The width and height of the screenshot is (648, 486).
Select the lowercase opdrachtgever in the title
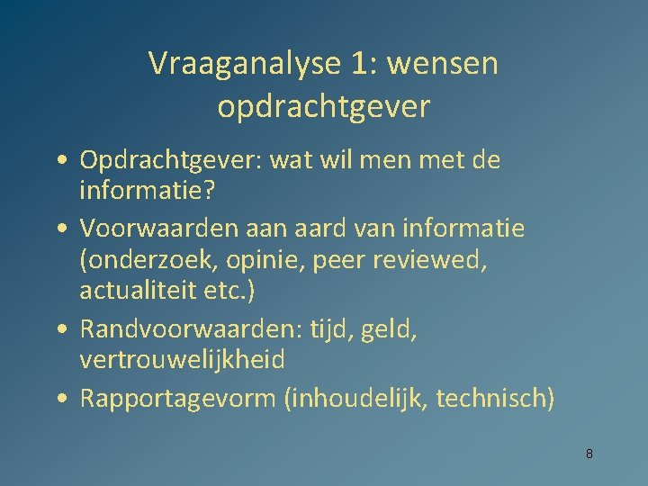point(324,107)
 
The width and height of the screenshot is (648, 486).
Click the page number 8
point(589,454)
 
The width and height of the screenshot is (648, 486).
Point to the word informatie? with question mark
point(144,191)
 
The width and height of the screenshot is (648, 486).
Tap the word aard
point(323,229)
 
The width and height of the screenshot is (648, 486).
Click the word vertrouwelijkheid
point(183,360)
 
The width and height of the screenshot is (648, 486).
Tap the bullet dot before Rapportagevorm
point(58,399)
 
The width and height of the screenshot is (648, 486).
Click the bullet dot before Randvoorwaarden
point(58,329)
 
